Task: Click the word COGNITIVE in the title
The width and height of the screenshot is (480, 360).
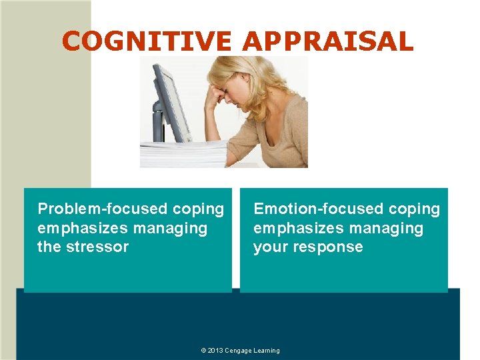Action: click(x=147, y=42)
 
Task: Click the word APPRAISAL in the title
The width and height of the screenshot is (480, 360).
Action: click(x=327, y=42)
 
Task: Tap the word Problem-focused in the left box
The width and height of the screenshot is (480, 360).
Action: click(x=103, y=209)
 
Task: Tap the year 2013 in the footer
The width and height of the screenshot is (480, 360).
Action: click(x=215, y=351)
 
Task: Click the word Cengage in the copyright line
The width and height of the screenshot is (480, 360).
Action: click(x=238, y=351)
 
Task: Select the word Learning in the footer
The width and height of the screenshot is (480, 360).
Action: click(x=267, y=351)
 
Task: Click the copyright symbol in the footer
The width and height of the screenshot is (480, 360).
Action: click(x=203, y=351)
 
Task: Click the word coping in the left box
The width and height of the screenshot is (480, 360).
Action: click(x=198, y=209)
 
